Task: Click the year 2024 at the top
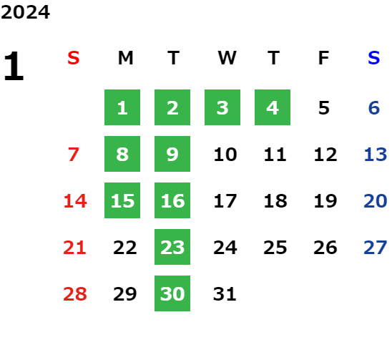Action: click(25, 12)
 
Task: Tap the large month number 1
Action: click(14, 66)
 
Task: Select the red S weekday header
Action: click(74, 58)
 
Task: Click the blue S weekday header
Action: click(374, 58)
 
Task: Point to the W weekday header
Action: click(227, 58)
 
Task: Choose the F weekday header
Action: click(324, 58)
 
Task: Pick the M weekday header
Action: click(125, 58)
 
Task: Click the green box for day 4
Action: click(273, 107)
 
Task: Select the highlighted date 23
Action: click(172, 247)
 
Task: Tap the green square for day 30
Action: click(172, 293)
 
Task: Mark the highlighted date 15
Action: click(122, 200)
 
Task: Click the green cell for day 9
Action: click(172, 154)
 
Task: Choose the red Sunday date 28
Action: click(75, 294)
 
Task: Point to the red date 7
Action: click(74, 155)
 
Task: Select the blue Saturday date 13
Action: click(376, 155)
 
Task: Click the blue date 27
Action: click(376, 248)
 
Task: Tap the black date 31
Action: click(225, 294)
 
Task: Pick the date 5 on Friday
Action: click(324, 108)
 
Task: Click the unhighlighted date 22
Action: click(125, 248)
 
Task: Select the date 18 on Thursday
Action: click(275, 201)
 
